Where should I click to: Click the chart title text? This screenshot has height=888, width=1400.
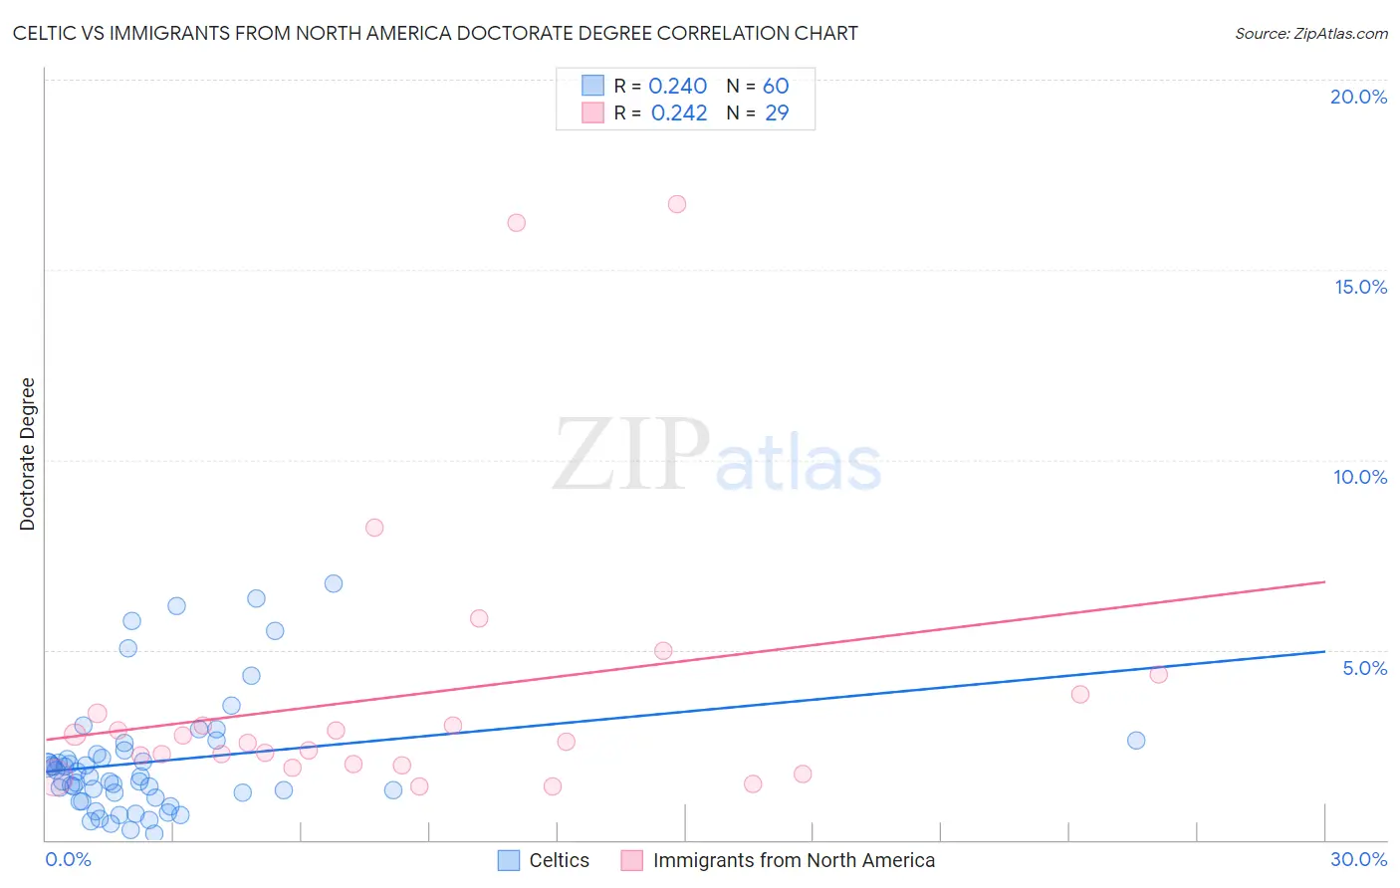tap(435, 33)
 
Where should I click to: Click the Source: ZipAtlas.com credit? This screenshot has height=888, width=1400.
tap(1310, 33)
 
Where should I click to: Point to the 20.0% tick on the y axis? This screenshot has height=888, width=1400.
tap(1358, 97)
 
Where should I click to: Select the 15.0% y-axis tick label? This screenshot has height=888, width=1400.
tap(1360, 287)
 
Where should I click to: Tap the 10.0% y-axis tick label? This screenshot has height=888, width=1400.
tap(1360, 477)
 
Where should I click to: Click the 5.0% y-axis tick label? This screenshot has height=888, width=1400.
tap(1364, 668)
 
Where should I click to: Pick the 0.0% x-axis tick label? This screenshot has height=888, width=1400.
tap(68, 859)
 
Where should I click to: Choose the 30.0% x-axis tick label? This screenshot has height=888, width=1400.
tap(1358, 859)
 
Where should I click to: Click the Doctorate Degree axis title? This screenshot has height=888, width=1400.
tap(27, 454)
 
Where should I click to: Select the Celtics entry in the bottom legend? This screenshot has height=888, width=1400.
tap(559, 860)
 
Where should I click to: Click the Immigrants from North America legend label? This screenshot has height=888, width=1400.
tap(794, 860)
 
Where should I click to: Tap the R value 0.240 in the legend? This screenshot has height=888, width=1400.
tap(677, 87)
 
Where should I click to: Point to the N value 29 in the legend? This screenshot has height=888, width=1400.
tap(777, 113)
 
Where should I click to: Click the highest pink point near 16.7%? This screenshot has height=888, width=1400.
tap(677, 204)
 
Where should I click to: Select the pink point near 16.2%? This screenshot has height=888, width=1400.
tap(516, 223)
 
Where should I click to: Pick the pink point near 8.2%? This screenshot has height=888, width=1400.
tap(374, 528)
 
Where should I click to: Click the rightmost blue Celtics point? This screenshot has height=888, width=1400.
tap(1136, 741)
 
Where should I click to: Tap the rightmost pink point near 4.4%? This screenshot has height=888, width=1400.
tap(1158, 675)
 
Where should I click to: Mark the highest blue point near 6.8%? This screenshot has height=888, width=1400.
tap(334, 583)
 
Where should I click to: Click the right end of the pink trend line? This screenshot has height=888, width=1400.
tap(1324, 581)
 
